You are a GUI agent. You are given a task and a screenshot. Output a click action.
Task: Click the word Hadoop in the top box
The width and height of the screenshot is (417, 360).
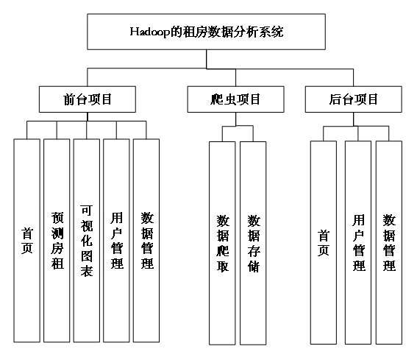click(x=150, y=32)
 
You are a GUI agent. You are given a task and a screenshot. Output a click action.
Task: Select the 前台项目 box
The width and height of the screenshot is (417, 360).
click(x=88, y=99)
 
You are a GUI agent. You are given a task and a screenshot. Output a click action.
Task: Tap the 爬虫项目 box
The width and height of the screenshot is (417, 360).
click(x=235, y=99)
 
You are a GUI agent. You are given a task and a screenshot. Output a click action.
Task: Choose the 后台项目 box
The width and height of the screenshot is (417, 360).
click(x=354, y=99)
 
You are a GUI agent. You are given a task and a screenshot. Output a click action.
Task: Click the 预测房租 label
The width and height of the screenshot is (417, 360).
click(x=57, y=241)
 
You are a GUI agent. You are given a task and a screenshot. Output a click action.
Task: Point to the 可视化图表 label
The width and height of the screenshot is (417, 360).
click(x=87, y=241)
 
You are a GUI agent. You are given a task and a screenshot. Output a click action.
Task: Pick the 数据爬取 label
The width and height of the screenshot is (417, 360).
click(x=223, y=244)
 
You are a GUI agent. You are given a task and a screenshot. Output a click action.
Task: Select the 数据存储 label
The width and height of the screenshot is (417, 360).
click(x=254, y=244)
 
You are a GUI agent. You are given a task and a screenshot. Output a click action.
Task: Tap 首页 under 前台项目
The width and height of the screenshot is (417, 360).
click(x=27, y=241)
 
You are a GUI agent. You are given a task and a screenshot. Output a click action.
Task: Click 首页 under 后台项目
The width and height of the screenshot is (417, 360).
click(x=324, y=243)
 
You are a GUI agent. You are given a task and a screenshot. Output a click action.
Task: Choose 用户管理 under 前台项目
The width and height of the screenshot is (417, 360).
click(x=117, y=241)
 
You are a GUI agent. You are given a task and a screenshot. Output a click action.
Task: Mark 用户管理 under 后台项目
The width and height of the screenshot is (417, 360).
click(x=359, y=242)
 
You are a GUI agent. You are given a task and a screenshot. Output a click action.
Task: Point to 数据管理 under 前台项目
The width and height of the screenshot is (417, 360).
click(x=147, y=241)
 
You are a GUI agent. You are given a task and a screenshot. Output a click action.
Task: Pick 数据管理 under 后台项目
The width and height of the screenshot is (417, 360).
click(x=389, y=242)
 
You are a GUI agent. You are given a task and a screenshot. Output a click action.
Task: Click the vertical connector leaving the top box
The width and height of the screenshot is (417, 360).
click(x=207, y=59)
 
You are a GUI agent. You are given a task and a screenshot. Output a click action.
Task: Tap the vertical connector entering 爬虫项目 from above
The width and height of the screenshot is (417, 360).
click(x=235, y=77)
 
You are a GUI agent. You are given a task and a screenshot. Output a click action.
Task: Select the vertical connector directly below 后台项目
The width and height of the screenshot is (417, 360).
click(x=354, y=119)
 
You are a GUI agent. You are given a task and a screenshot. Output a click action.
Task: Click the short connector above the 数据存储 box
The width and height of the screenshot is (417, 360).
click(x=253, y=134)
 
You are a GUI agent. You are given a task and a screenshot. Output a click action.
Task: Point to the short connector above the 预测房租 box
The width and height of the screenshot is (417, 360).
click(x=57, y=130)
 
